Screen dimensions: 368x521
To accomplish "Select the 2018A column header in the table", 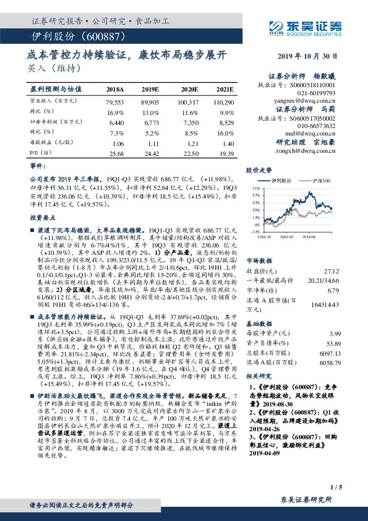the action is pyautogui.click(x=115, y=89).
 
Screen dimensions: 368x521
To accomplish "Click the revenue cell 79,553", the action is pyautogui.click(x=115, y=101).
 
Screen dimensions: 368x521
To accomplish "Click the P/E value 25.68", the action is pyautogui.click(x=116, y=153).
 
